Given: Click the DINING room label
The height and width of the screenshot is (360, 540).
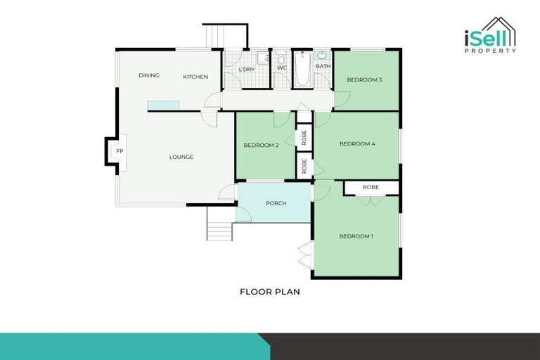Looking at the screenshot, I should (148, 75).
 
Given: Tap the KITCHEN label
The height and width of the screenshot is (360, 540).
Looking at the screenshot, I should (195, 77).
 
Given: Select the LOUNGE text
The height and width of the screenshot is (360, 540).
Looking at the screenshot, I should (181, 157).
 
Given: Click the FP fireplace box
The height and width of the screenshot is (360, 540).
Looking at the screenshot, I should (119, 152).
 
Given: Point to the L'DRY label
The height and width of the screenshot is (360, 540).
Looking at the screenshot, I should (246, 70).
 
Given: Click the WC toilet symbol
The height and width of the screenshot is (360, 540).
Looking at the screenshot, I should (282, 59).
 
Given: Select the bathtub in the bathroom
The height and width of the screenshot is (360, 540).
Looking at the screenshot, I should (302, 70).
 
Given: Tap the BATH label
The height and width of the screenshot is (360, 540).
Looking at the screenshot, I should (323, 67).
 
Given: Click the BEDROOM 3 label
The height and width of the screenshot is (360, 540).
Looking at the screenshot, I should (364, 79).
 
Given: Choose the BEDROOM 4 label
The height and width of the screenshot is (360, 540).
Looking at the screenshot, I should (357, 144).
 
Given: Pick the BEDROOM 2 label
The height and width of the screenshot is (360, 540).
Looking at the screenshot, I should (262, 146).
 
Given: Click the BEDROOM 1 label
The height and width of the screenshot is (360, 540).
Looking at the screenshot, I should (356, 236).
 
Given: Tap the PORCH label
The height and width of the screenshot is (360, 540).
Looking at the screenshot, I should (276, 203).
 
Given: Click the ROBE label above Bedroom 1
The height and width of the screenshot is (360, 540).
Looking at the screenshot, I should (371, 188).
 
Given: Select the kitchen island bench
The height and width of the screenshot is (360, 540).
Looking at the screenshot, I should (163, 105).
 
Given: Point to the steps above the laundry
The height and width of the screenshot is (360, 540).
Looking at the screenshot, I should (216, 35).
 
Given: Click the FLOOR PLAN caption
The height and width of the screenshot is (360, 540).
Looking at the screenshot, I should (270, 291).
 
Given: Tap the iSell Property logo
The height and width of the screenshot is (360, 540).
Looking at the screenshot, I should (489, 36).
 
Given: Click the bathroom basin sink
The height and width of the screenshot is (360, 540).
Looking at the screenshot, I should (322, 55).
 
